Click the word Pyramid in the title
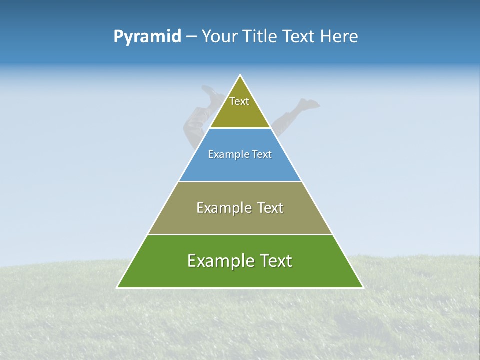(147, 37)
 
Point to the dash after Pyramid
(191, 37)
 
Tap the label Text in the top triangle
(239, 101)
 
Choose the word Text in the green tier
(274, 261)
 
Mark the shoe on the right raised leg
(309, 104)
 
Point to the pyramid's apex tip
(240, 76)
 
